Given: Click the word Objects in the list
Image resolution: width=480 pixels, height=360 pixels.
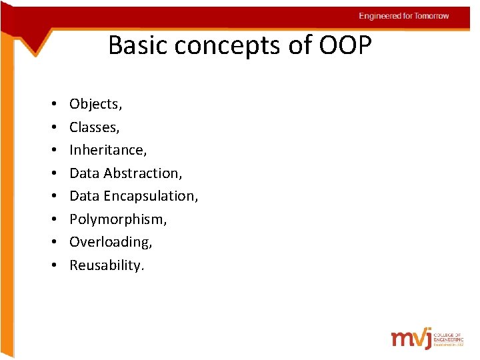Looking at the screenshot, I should coord(93,104).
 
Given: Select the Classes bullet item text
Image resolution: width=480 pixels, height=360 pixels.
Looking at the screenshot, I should coord(93,127).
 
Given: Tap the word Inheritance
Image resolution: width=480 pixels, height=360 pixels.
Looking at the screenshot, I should coord(107,150).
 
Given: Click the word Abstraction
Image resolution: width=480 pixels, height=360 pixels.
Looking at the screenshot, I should coord(141,173).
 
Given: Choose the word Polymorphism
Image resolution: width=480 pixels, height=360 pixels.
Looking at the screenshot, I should coord(117,219).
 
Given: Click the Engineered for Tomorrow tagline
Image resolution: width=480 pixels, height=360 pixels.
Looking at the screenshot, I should coord(404,16).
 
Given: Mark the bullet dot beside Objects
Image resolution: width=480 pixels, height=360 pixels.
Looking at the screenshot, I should coord(52,105).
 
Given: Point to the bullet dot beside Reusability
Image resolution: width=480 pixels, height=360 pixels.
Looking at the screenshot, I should coord(52,266).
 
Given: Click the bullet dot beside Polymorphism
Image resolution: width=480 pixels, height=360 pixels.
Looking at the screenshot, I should coord(52,220).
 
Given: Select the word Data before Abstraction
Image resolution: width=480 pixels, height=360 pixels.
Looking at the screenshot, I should coord(84,173).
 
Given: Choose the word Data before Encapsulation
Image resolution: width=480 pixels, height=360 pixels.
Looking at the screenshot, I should coord(84,196).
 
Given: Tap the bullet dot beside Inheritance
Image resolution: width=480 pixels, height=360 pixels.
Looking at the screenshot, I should coord(52,151).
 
